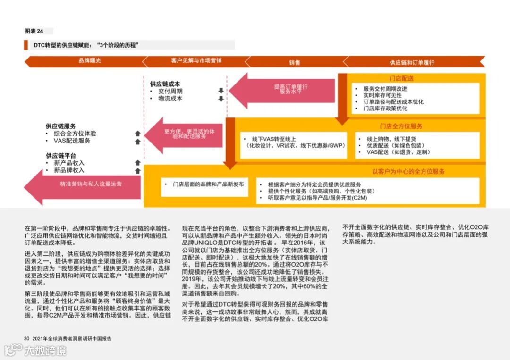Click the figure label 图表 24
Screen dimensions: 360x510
tap(34, 31)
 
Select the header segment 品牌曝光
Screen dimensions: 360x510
tap(90, 61)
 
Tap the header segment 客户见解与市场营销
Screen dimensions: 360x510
tap(196, 61)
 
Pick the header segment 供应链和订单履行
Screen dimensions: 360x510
tap(412, 62)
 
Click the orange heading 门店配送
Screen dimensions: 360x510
tap(401, 78)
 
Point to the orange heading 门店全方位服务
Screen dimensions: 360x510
tap(401, 126)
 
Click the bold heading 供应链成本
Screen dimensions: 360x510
tap(165, 84)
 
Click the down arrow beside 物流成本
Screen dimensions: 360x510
tap(221, 99)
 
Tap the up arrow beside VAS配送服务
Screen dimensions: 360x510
tap(137, 141)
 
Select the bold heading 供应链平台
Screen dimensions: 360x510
tap(61, 155)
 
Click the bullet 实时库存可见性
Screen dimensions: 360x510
tap(382, 95)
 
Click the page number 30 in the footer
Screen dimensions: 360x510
tap(27, 338)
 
